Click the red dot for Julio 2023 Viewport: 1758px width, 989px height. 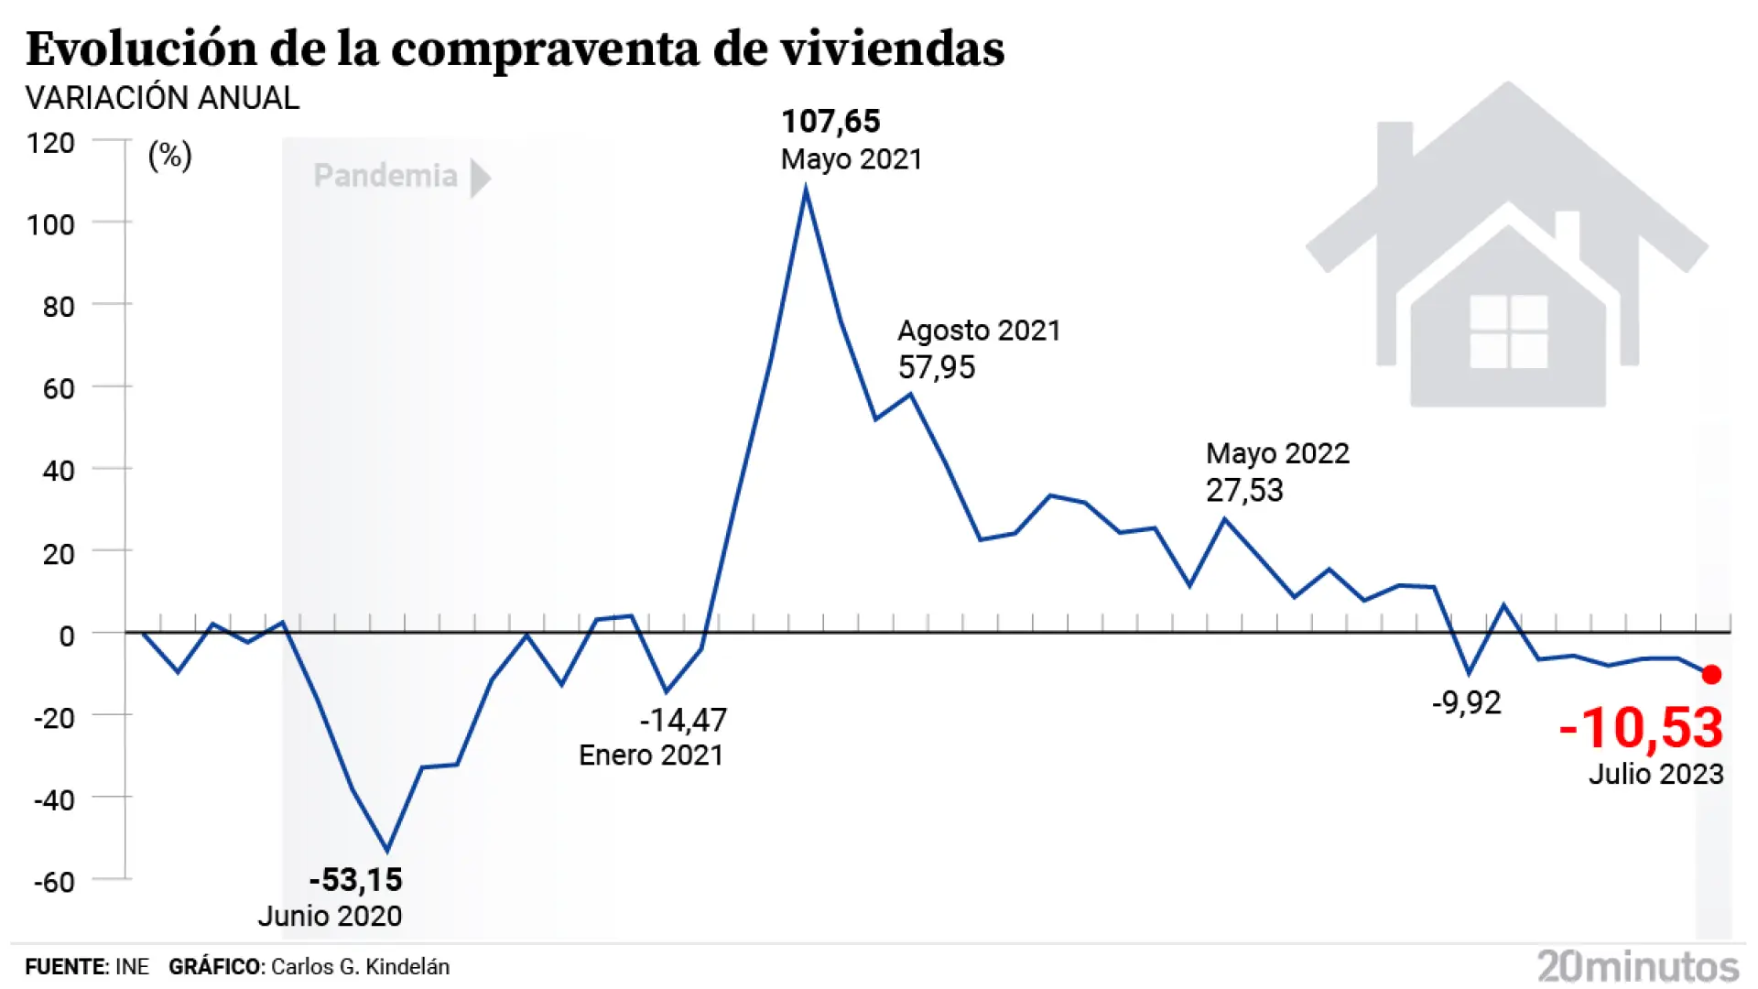click(x=1710, y=675)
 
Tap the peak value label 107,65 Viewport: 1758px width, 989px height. click(x=830, y=122)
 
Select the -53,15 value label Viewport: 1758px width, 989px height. click(x=356, y=880)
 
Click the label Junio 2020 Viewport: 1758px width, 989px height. click(x=330, y=916)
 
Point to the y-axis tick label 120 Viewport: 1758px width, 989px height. click(x=50, y=143)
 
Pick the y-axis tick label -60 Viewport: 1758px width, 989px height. click(x=54, y=882)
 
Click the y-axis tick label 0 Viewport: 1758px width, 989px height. click(x=66, y=636)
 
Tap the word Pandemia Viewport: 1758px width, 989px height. click(x=385, y=176)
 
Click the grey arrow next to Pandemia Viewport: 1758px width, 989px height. click(x=480, y=178)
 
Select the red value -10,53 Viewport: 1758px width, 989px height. click(x=1642, y=729)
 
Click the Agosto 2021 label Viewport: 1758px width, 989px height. click(x=979, y=331)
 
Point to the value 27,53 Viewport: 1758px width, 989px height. click(x=1244, y=491)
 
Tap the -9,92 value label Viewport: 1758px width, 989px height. click(x=1467, y=703)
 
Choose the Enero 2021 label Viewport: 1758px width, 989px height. click(x=651, y=755)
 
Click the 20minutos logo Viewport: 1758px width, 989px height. click(x=1638, y=966)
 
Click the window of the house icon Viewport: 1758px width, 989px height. click(x=1508, y=331)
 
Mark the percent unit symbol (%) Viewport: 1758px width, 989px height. click(x=170, y=156)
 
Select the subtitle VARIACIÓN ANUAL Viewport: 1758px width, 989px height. click(x=162, y=98)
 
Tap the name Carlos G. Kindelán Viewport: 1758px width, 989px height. click(x=360, y=967)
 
